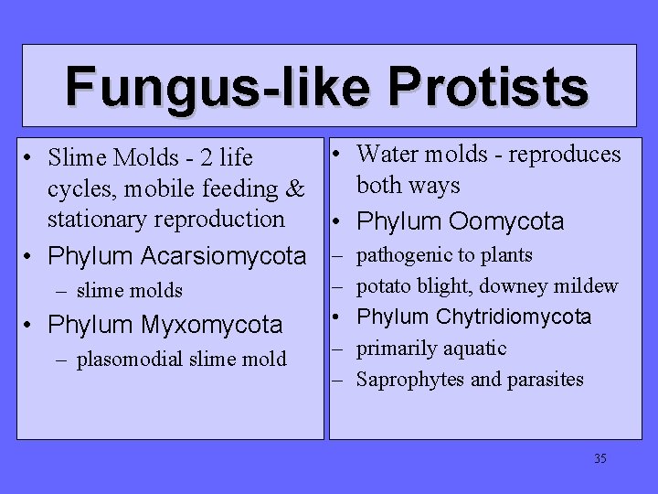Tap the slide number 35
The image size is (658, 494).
(600, 458)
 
